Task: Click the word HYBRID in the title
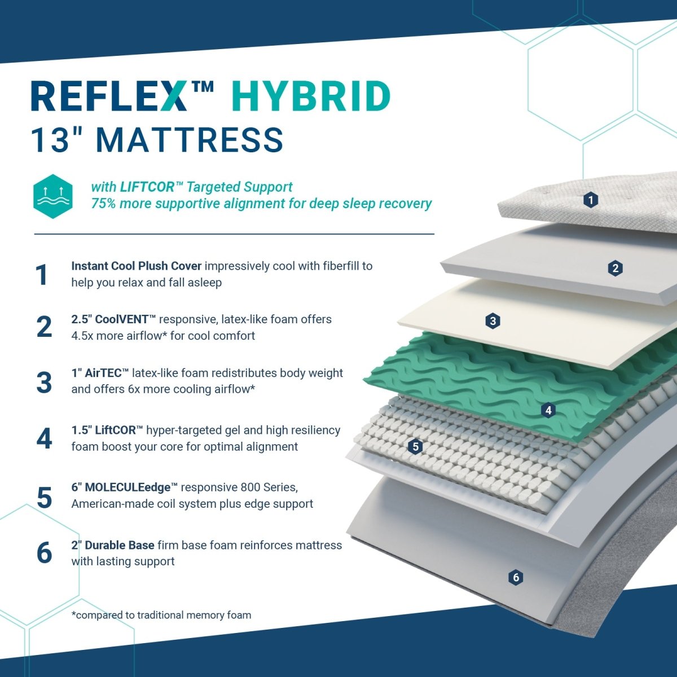coord(310,96)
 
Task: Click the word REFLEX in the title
coord(108,96)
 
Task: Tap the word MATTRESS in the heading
coord(190,140)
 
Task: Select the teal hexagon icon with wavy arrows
coord(53,196)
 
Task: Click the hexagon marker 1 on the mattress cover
coord(591,200)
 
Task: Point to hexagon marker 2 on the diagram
coord(615,269)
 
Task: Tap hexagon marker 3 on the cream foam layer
coord(493,321)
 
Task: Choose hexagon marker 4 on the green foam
coord(548,410)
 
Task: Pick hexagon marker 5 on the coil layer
coord(416,446)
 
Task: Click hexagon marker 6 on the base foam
coord(516,577)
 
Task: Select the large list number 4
coord(44,438)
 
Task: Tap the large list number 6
coord(44,553)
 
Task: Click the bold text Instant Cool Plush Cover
coord(137,266)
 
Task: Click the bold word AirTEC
coord(103,373)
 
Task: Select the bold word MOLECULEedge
coord(128,487)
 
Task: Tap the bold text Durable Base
coord(120,545)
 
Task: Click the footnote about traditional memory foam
coord(161,615)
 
